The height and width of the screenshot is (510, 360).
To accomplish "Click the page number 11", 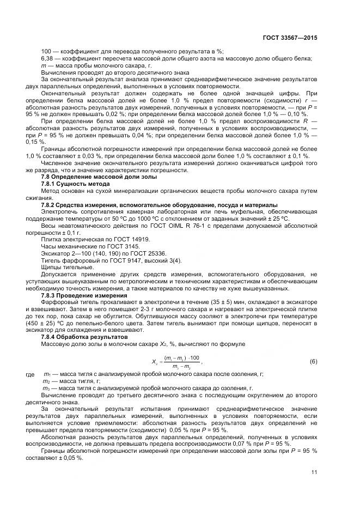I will [x=314, y=472].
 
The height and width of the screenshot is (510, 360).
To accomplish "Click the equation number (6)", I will [x=313, y=362].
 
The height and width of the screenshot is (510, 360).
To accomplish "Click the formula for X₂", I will [x=176, y=362].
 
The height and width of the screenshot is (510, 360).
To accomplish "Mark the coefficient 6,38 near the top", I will [x=48, y=58].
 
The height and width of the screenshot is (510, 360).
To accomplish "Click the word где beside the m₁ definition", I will [x=30, y=375].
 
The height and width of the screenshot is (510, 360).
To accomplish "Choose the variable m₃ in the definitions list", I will [x=46, y=388].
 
